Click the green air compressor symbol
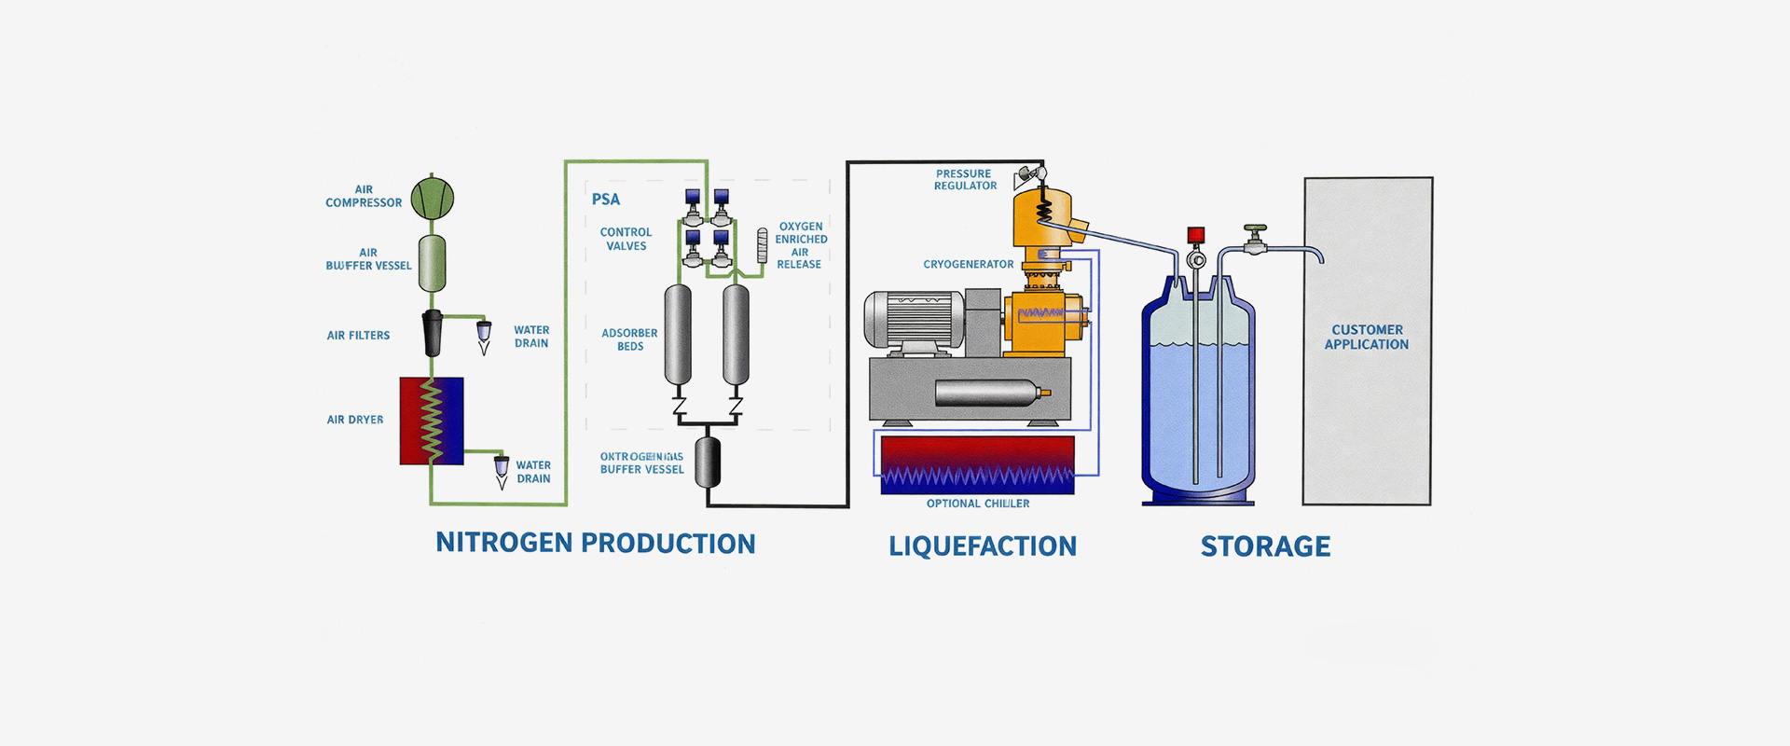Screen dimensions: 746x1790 pos(433,198)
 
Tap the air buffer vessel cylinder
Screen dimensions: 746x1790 pos(432,263)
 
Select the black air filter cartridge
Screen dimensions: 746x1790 pos(433,333)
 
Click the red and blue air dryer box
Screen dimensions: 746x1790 pos(432,421)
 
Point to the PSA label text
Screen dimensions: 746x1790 pos(605,200)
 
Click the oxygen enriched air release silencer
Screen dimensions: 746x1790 pos(762,245)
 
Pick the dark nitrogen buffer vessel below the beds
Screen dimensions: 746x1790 pos(709,460)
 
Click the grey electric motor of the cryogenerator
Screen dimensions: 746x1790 pos(915,320)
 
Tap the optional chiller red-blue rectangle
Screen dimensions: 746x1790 pos(977,464)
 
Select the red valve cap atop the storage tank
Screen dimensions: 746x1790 pos(1196,235)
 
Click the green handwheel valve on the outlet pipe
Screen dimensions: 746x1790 pos(1256,229)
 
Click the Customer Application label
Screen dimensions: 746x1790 pos(1367,337)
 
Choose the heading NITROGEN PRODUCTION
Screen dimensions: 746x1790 pos(596,544)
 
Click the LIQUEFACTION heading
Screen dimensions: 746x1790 pos(983,546)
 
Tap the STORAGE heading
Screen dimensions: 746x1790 pos(1265,546)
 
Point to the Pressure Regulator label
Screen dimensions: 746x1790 pos(965,180)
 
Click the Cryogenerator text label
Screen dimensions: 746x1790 pos(969,265)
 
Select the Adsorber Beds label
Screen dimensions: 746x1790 pos(629,339)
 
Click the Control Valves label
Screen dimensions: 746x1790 pos(626,239)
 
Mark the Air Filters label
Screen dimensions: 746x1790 pos(358,336)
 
